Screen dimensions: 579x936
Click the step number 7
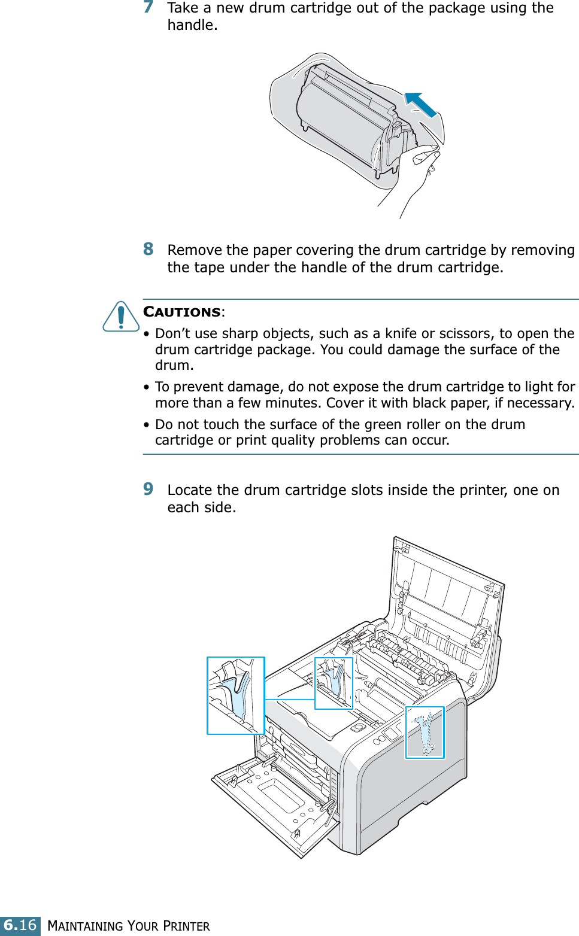[x=148, y=7]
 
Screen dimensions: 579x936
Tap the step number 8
[x=148, y=249]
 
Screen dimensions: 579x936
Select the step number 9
[x=148, y=489]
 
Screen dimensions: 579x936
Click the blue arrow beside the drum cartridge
[x=420, y=105]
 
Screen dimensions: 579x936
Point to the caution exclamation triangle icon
[x=121, y=317]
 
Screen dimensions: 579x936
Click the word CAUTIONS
[x=182, y=312]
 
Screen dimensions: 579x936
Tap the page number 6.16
[x=20, y=925]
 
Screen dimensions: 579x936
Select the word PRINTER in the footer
[x=186, y=926]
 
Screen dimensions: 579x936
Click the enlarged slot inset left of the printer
[x=235, y=695]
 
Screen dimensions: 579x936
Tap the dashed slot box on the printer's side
[x=425, y=733]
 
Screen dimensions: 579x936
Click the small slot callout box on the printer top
[x=334, y=683]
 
